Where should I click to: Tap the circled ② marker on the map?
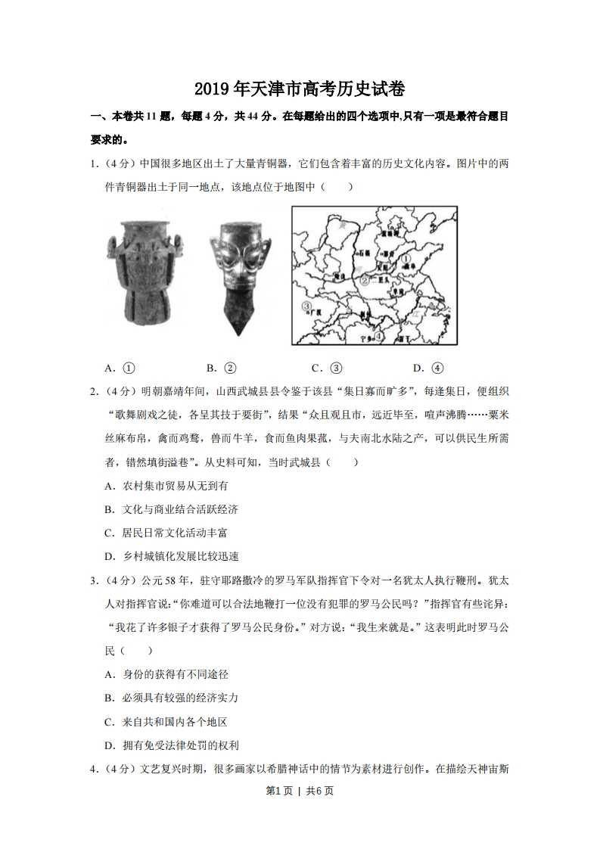364,281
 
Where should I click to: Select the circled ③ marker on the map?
306,306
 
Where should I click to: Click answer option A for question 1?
120,369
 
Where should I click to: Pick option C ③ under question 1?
327,369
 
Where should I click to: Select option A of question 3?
166,673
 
